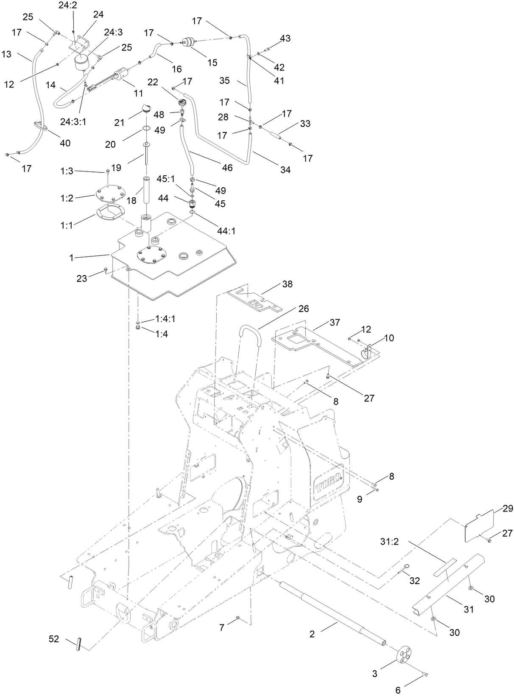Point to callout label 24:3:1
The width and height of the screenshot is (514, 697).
[73, 121]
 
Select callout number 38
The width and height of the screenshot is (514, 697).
[288, 284]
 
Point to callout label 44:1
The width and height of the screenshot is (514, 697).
[226, 231]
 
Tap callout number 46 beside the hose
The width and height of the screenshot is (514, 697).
[227, 168]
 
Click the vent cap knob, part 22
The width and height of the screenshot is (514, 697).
[183, 103]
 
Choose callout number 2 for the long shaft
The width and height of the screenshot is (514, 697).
[312, 634]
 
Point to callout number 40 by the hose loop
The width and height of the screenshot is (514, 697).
[65, 143]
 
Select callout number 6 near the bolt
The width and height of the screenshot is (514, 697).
[398, 690]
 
